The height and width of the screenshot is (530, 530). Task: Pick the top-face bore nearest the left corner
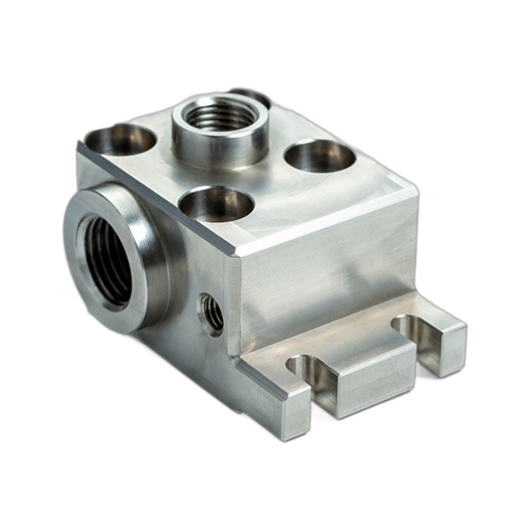[x=120, y=138]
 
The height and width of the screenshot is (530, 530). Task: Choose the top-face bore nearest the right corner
[x=320, y=156]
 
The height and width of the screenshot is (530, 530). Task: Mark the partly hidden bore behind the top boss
[x=255, y=95]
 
